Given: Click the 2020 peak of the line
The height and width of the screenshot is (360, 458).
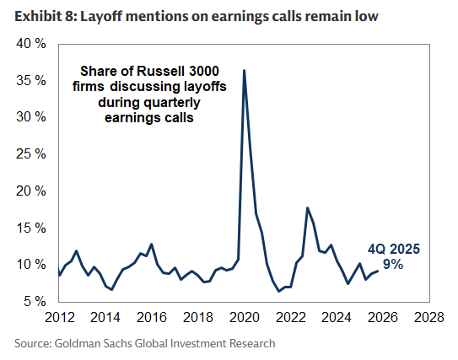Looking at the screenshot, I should (244, 70).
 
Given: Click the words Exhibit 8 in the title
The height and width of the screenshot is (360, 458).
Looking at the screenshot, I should (39, 15).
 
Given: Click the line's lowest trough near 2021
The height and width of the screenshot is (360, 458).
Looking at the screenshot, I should (279, 291).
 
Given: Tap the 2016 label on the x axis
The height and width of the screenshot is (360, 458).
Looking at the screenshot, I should (151, 320).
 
